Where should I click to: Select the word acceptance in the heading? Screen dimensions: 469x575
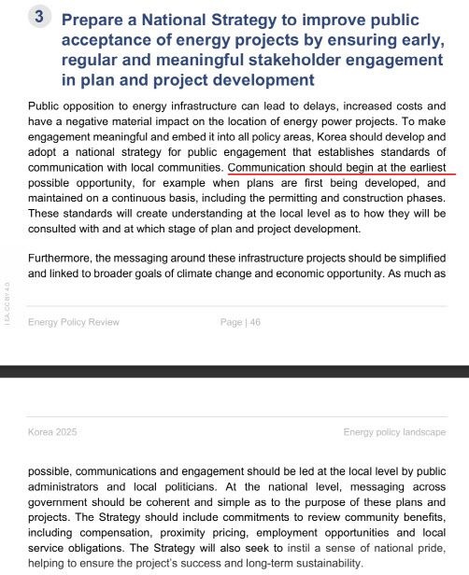[117, 40]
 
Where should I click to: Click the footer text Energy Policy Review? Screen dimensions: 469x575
[74, 322]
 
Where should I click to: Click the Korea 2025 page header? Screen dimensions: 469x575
[52, 432]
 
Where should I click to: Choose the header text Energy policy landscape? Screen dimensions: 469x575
[394, 432]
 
